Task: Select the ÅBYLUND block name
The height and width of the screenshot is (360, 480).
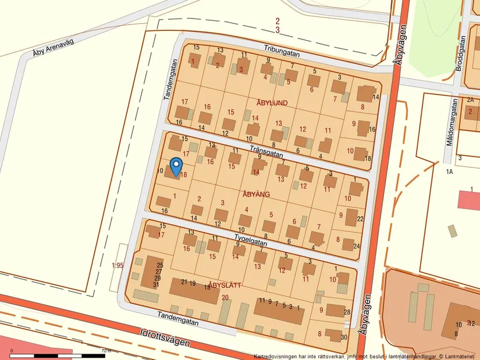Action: [272, 103]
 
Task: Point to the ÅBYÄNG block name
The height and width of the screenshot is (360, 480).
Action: [256, 195]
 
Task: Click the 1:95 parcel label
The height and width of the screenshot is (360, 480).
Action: [118, 266]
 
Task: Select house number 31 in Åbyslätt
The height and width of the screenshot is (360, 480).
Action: [156, 285]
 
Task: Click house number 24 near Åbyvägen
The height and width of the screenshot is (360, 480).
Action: [356, 246]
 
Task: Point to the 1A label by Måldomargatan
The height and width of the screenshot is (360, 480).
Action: [449, 172]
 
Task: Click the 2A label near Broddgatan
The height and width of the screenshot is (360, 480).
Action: [470, 99]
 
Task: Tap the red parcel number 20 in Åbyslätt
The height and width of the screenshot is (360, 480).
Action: [225, 298]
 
